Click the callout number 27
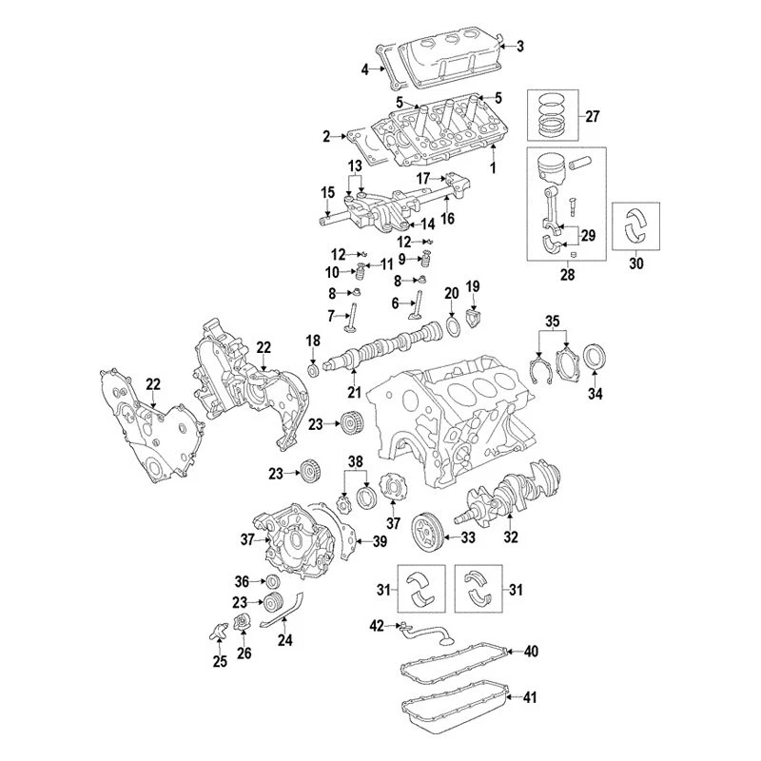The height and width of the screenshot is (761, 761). [593, 117]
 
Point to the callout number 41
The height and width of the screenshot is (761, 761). [531, 698]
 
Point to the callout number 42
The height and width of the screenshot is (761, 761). [377, 625]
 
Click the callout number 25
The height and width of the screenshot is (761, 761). [221, 662]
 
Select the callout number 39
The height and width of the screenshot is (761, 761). [380, 542]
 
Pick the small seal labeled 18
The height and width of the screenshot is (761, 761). [312, 367]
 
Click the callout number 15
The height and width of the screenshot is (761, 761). [327, 193]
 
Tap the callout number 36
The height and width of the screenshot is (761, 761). [242, 581]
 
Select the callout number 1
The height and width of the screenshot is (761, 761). [493, 168]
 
